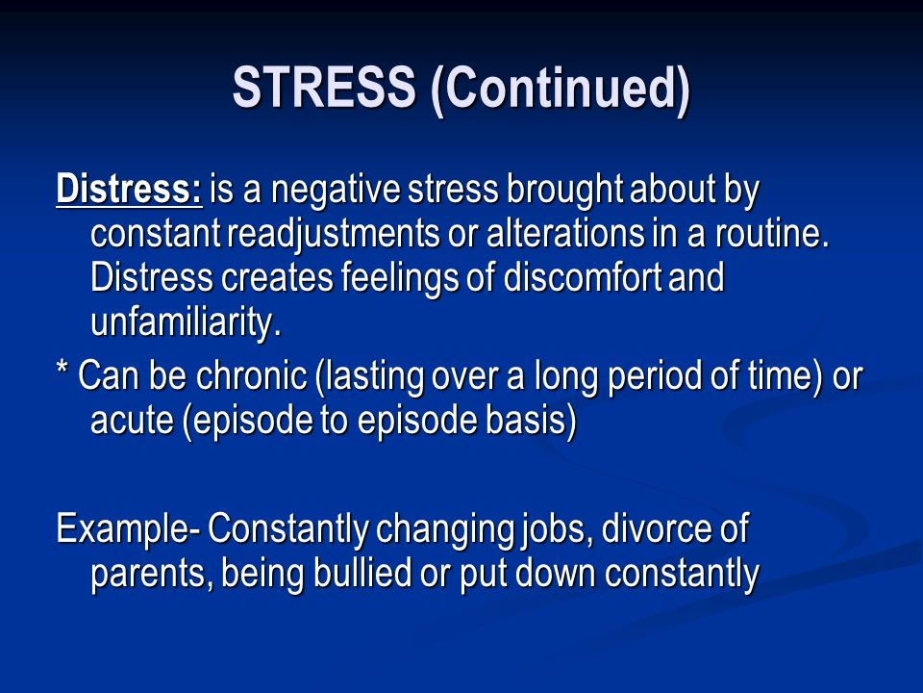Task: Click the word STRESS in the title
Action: point(324,87)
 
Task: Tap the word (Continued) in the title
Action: point(560,89)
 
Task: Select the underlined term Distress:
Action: point(129,189)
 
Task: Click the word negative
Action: point(335,191)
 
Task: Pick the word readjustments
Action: point(334,234)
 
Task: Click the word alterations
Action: point(565,233)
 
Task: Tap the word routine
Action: point(772,233)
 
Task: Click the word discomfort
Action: point(583,277)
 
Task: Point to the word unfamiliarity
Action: point(186,321)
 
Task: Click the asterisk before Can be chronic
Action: point(62,369)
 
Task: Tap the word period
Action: point(655,377)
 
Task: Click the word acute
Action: point(133,421)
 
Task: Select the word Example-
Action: point(128,528)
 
